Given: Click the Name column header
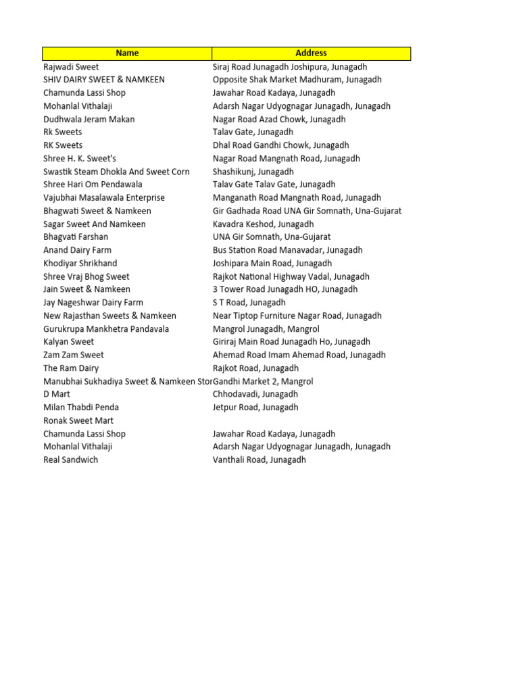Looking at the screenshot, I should (127, 53).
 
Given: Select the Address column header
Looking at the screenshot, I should (311, 53).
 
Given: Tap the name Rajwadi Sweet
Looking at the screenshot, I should (71, 67).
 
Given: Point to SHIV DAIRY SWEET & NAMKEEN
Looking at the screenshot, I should (104, 80).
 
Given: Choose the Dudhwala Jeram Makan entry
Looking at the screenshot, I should (89, 119).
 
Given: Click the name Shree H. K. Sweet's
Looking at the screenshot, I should (79, 158).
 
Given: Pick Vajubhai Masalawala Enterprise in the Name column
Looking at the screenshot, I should (104, 198).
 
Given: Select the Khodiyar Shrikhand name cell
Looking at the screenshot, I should (80, 263).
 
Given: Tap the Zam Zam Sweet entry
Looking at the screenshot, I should (74, 355).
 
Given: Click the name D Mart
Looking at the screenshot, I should (57, 394).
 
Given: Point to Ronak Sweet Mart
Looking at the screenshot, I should (78, 420).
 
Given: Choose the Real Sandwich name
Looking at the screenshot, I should (70, 460).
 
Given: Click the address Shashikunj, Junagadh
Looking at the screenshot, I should (253, 172).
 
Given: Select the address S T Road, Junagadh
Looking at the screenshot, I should (249, 302).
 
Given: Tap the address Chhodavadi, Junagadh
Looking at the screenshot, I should (255, 394).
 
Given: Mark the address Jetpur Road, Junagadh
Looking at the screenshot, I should (255, 407).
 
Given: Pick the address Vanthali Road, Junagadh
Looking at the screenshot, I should (259, 460).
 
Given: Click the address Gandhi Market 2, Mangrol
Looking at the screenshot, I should (264, 381).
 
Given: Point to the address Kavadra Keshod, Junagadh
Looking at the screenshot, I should (264, 224).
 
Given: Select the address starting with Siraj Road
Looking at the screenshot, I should (290, 67).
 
